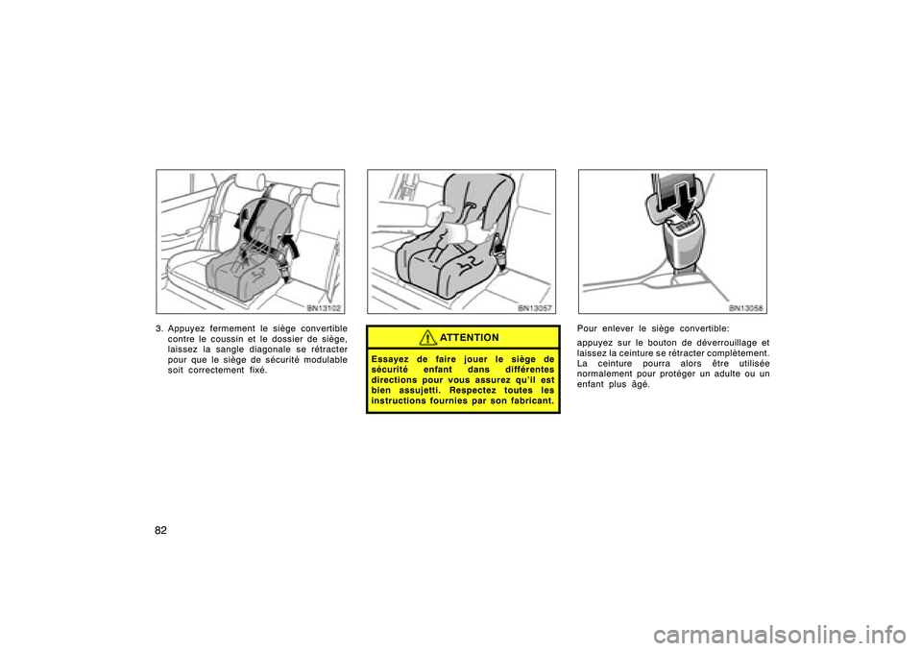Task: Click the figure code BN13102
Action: (324, 307)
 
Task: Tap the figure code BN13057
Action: (535, 307)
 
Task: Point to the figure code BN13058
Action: (745, 307)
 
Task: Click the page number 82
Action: (160, 530)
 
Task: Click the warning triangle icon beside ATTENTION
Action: (427, 338)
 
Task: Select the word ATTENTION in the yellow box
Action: (470, 338)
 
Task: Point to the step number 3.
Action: (158, 328)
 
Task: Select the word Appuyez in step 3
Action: (186, 328)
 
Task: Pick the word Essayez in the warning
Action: (390, 359)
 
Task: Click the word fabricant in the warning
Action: (531, 401)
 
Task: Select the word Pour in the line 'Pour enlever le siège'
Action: (587, 328)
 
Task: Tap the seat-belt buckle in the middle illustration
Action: (499, 250)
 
